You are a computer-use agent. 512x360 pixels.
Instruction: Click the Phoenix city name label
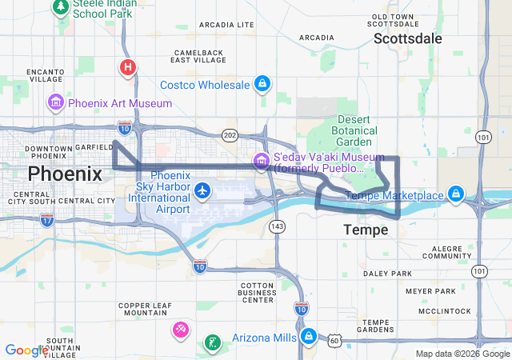(x=66, y=174)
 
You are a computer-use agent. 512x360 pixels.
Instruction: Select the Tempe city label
(x=366, y=230)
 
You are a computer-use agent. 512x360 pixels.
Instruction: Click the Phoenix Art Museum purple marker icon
(x=56, y=102)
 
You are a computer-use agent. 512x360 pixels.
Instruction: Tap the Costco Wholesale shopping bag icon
(x=262, y=84)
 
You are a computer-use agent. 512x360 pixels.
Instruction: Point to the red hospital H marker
(x=127, y=67)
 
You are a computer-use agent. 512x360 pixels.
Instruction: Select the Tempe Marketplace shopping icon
(x=455, y=194)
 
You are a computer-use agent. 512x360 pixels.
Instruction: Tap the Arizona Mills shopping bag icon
(x=309, y=337)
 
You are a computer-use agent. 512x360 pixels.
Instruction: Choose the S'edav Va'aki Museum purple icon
(x=261, y=162)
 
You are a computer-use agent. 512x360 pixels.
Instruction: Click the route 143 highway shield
(x=278, y=227)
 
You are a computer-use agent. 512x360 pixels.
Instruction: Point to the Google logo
(x=26, y=350)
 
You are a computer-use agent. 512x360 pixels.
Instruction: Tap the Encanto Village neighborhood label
(x=45, y=75)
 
